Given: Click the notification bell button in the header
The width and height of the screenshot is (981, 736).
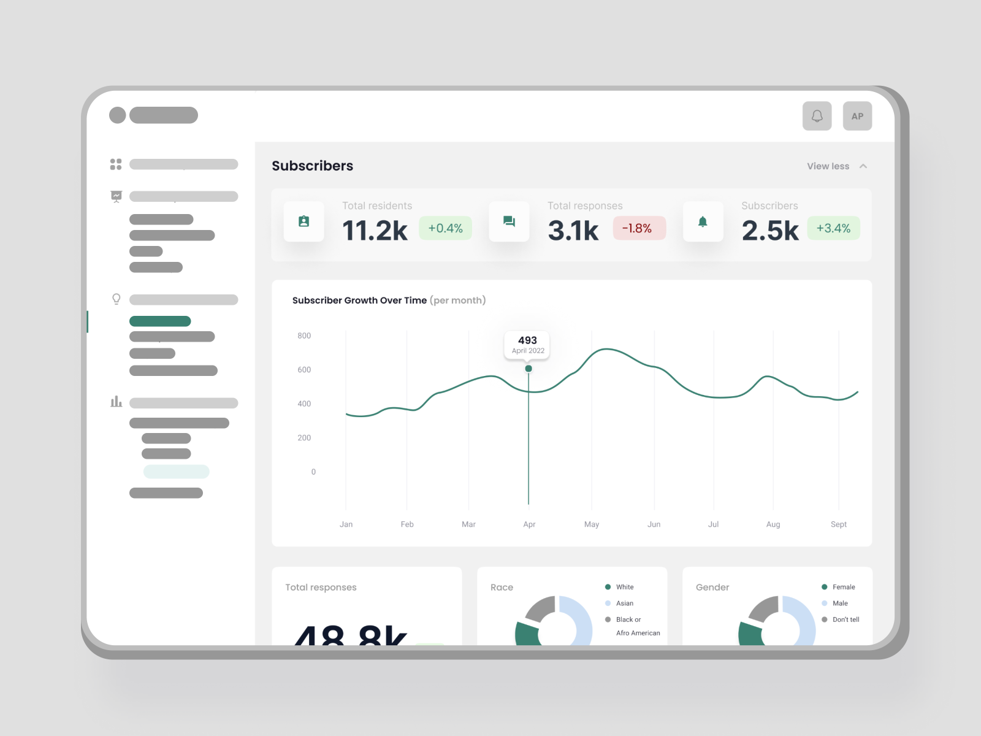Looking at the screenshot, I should coord(817,116).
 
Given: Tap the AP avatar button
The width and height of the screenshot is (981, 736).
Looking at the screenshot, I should coord(857,116).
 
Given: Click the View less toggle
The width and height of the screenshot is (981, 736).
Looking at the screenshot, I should coord(836,166).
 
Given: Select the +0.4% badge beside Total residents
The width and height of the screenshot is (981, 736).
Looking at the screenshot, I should coord(445,228).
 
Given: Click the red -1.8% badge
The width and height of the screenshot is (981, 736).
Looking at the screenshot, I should coord(638,228).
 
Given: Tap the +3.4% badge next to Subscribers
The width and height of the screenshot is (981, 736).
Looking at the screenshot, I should coord(833,228).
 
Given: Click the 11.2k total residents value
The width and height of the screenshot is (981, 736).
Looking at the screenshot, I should coord(375,231).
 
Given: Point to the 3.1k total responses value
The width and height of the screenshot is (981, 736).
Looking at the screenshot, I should coord(573,231).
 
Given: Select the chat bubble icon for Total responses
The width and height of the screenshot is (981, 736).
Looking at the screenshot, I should coord(509,221).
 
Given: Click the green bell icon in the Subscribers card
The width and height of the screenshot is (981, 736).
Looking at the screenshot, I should coord(703,221).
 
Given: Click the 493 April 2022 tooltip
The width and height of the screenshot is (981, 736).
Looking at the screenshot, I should coord(527,345).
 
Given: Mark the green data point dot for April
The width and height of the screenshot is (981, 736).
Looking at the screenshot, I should coord(529,369).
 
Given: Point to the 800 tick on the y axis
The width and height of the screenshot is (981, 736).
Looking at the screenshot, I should coord(304,335).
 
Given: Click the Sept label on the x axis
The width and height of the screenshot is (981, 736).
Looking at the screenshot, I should coord(838,524).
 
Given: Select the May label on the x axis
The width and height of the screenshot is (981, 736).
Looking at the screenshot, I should coord(592,524).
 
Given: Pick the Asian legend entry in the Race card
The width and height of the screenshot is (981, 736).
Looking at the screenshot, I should coord(624,604).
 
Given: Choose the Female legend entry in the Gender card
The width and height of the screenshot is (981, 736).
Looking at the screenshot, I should coord(843,587).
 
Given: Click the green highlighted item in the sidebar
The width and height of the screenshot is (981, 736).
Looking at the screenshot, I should coord(160,321).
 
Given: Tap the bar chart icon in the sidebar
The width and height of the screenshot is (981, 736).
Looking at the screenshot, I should coord(116,402).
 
